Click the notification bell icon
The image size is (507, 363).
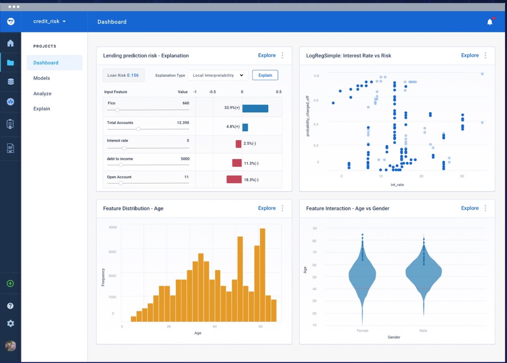pyautogui.click(x=490, y=22)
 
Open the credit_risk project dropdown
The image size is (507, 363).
pyautogui.click(x=49, y=22)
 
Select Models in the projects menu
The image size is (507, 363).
pyautogui.click(x=41, y=78)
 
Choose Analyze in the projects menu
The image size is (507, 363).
pyautogui.click(x=42, y=93)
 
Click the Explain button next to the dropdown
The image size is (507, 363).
pyautogui.click(x=265, y=75)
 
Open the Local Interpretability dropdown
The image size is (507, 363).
pyautogui.click(x=218, y=75)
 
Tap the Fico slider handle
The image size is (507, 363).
pyautogui.click(x=117, y=110)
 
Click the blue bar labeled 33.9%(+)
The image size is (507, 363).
pyautogui.click(x=255, y=108)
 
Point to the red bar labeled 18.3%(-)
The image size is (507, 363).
pyautogui.click(x=234, y=179)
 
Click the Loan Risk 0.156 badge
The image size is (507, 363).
pyautogui.click(x=123, y=75)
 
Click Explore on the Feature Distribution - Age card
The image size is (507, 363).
pyautogui.click(x=267, y=208)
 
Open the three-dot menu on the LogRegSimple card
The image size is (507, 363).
pyautogui.click(x=485, y=55)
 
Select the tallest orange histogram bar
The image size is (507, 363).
pyautogui.click(x=262, y=275)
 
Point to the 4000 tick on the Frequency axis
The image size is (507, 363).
pyautogui.click(x=113, y=227)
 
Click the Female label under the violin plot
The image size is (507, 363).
pyautogui.click(x=362, y=330)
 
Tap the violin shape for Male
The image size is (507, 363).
pyautogui.click(x=423, y=273)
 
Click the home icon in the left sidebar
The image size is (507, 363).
pyautogui.click(x=11, y=43)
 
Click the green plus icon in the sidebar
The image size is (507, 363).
pyautogui.click(x=11, y=284)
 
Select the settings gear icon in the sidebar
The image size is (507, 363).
pyautogui.click(x=11, y=323)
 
